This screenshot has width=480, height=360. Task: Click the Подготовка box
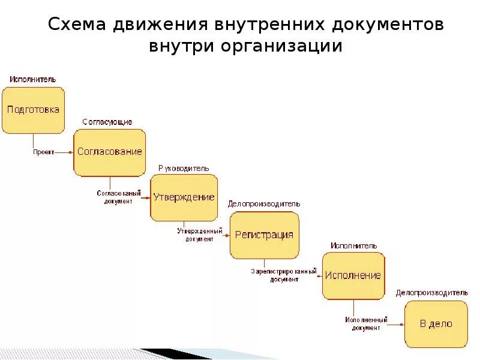[33, 110]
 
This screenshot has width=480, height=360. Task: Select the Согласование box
[109, 152]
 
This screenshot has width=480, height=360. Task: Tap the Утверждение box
[184, 197]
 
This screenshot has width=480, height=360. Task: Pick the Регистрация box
[264, 235]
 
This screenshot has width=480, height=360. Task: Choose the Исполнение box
[353, 275]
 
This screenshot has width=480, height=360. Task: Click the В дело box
[436, 324]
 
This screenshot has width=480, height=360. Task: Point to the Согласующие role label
[107, 122]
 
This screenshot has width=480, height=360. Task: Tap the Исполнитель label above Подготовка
[32, 79]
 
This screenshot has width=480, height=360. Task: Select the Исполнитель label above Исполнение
[353, 245]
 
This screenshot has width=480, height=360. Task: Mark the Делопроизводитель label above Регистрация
[264, 204]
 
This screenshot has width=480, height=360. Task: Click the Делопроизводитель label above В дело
[431, 293]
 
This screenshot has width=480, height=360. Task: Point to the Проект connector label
[43, 152]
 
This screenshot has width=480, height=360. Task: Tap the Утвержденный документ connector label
[199, 235]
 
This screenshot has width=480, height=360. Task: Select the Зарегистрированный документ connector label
[284, 275]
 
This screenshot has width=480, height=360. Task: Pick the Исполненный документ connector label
[366, 324]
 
